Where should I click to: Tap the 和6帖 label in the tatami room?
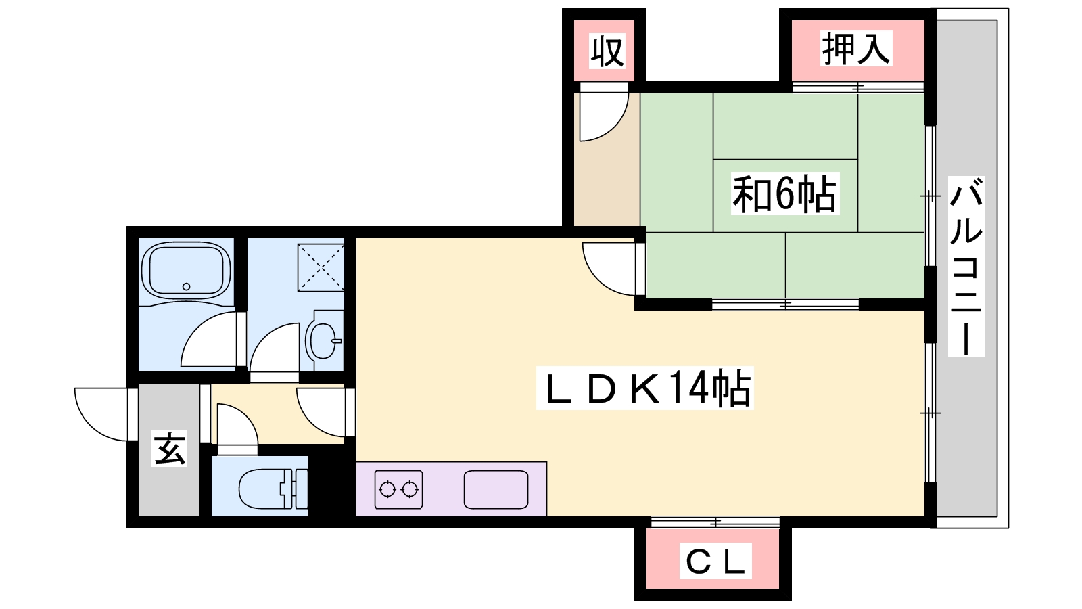click(x=784, y=194)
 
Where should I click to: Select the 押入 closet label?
click(x=855, y=49)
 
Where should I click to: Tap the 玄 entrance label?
click(x=169, y=448)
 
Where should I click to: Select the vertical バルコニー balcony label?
click(x=966, y=266)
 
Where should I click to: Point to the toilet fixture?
click(x=270, y=487)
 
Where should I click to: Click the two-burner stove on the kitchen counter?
click(x=398, y=489)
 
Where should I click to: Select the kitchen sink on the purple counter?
click(x=496, y=489)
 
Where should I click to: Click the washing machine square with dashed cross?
click(x=321, y=267)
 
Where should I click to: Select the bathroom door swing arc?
click(x=208, y=342)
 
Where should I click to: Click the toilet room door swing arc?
click(x=237, y=425)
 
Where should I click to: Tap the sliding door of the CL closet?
click(x=715, y=522)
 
